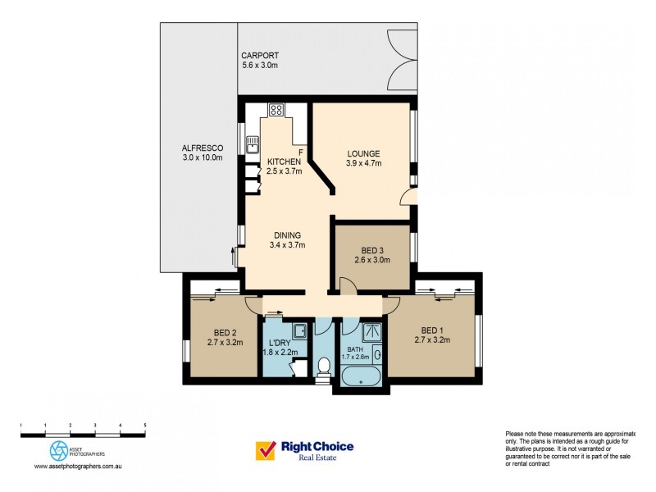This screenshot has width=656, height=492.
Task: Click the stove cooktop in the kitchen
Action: [x=276, y=109]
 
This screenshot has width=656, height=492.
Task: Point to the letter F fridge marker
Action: [x=301, y=153]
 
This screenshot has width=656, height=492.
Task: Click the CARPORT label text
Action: [x=259, y=55]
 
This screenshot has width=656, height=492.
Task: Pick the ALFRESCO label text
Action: [x=202, y=148]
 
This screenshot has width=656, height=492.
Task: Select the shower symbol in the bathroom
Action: [x=371, y=331]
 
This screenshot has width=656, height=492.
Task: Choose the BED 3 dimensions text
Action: [x=371, y=260]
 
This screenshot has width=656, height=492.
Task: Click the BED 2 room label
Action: [x=221, y=332]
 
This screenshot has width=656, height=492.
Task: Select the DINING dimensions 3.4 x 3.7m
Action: [x=287, y=244]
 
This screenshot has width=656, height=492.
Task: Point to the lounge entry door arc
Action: [x=405, y=198]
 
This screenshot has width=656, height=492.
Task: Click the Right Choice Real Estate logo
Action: [x=305, y=451]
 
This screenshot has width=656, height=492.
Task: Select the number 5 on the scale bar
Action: [x=145, y=425]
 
